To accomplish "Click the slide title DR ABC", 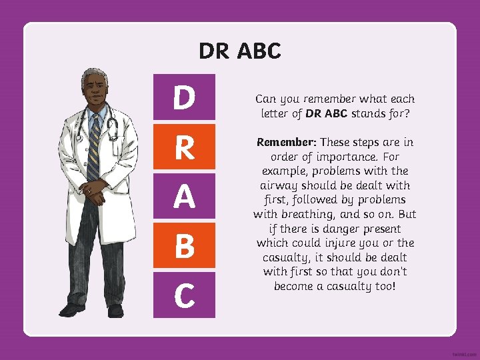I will tap(240, 51).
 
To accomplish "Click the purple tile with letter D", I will tap(185, 97).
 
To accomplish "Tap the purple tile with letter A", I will tap(185, 196).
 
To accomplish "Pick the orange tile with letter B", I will tap(185, 245).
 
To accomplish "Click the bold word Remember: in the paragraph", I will tap(285, 142).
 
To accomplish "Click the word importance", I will tap(344, 157).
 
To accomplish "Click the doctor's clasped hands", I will tap(94, 195).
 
